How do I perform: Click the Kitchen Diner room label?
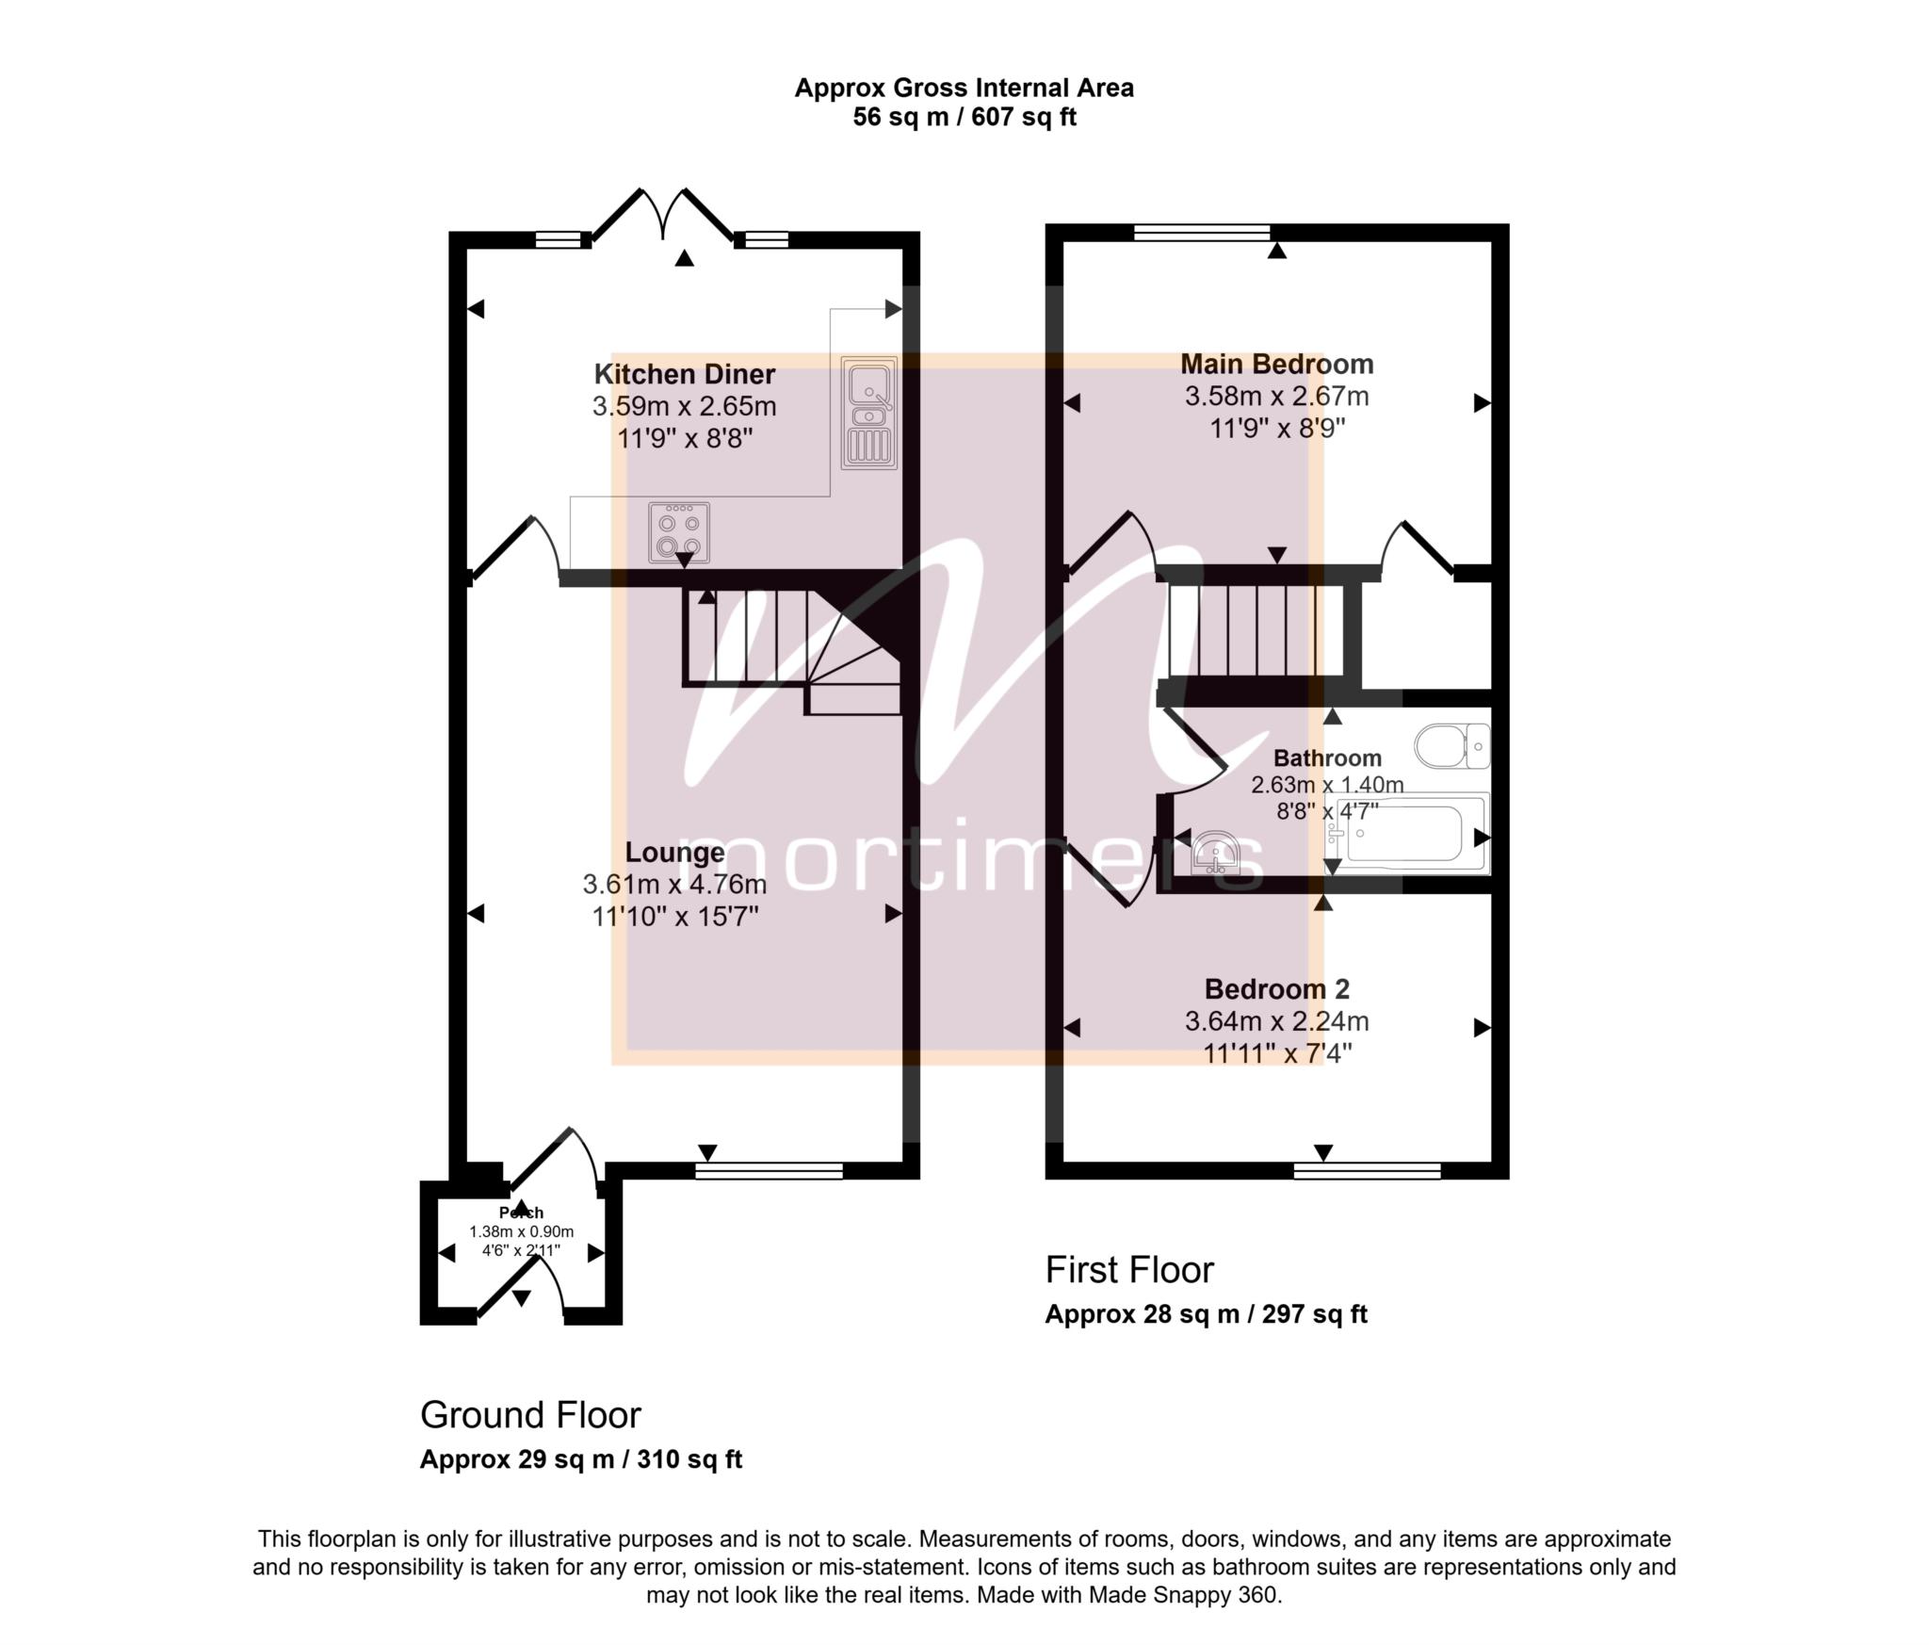pyautogui.click(x=684, y=374)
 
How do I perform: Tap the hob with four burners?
pyautogui.click(x=679, y=532)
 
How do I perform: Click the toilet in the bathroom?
pyautogui.click(x=1451, y=746)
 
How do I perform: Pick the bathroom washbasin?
pyautogui.click(x=1216, y=853)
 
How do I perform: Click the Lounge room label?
pyautogui.click(x=674, y=853)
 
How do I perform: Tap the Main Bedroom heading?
pyautogui.click(x=1276, y=364)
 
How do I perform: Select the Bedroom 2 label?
pyautogui.click(x=1276, y=989)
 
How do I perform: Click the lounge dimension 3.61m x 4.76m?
pyautogui.click(x=674, y=884)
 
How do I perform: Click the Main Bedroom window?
pyautogui.click(x=1202, y=233)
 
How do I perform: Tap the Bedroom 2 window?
pyautogui.click(x=1367, y=1171)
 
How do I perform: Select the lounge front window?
pyautogui.click(x=769, y=1171)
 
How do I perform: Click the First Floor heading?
pyautogui.click(x=1129, y=1270)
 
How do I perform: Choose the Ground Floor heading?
pyautogui.click(x=530, y=1415)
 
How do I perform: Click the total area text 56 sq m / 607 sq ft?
pyautogui.click(x=964, y=118)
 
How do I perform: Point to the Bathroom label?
pyautogui.click(x=1327, y=758)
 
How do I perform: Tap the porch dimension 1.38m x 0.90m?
pyautogui.click(x=521, y=1231)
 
